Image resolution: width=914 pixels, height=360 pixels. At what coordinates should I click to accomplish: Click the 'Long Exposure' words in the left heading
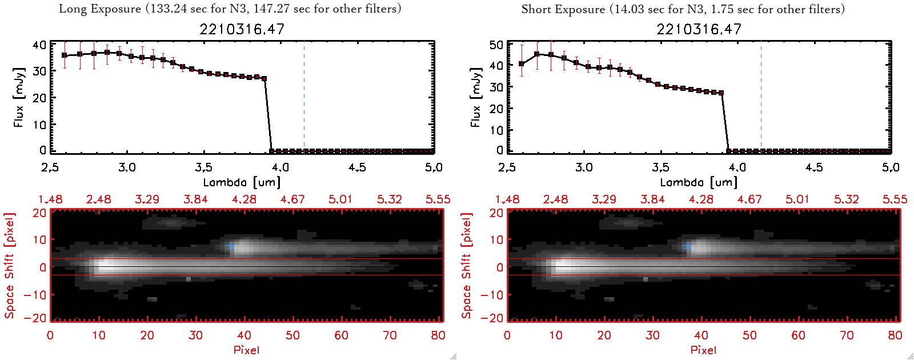point(100,9)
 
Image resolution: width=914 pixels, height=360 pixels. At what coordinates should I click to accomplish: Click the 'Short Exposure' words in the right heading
point(563,9)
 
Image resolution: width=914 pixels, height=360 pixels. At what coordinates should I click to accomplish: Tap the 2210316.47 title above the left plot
point(242,29)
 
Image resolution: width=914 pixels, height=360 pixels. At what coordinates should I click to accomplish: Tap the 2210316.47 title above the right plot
point(699,29)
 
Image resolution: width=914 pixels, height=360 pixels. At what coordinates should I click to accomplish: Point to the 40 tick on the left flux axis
point(39,45)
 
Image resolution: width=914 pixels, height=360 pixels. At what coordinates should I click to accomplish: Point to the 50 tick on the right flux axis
point(496,45)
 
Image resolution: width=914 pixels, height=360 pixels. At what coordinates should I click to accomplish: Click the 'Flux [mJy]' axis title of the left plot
point(19,97)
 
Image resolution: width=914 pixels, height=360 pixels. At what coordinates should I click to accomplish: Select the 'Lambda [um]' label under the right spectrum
point(699,182)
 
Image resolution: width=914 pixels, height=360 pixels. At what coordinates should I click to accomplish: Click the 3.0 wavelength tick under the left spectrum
point(127,167)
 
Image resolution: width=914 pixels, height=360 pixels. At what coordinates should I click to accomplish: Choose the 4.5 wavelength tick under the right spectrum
point(814,167)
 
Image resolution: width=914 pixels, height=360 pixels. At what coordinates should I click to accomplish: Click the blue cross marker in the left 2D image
point(230,246)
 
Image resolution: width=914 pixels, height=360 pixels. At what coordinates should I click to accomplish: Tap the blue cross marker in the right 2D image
point(687,246)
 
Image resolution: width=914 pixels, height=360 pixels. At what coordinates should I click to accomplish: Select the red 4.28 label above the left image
point(244,199)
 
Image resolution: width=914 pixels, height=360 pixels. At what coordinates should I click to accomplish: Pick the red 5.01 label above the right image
point(797,199)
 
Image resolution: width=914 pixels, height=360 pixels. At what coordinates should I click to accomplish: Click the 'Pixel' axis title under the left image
point(246,350)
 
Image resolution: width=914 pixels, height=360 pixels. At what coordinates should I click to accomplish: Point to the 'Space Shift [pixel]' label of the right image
point(467,266)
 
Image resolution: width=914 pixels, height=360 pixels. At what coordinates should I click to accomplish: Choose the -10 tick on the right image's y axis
point(492,294)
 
